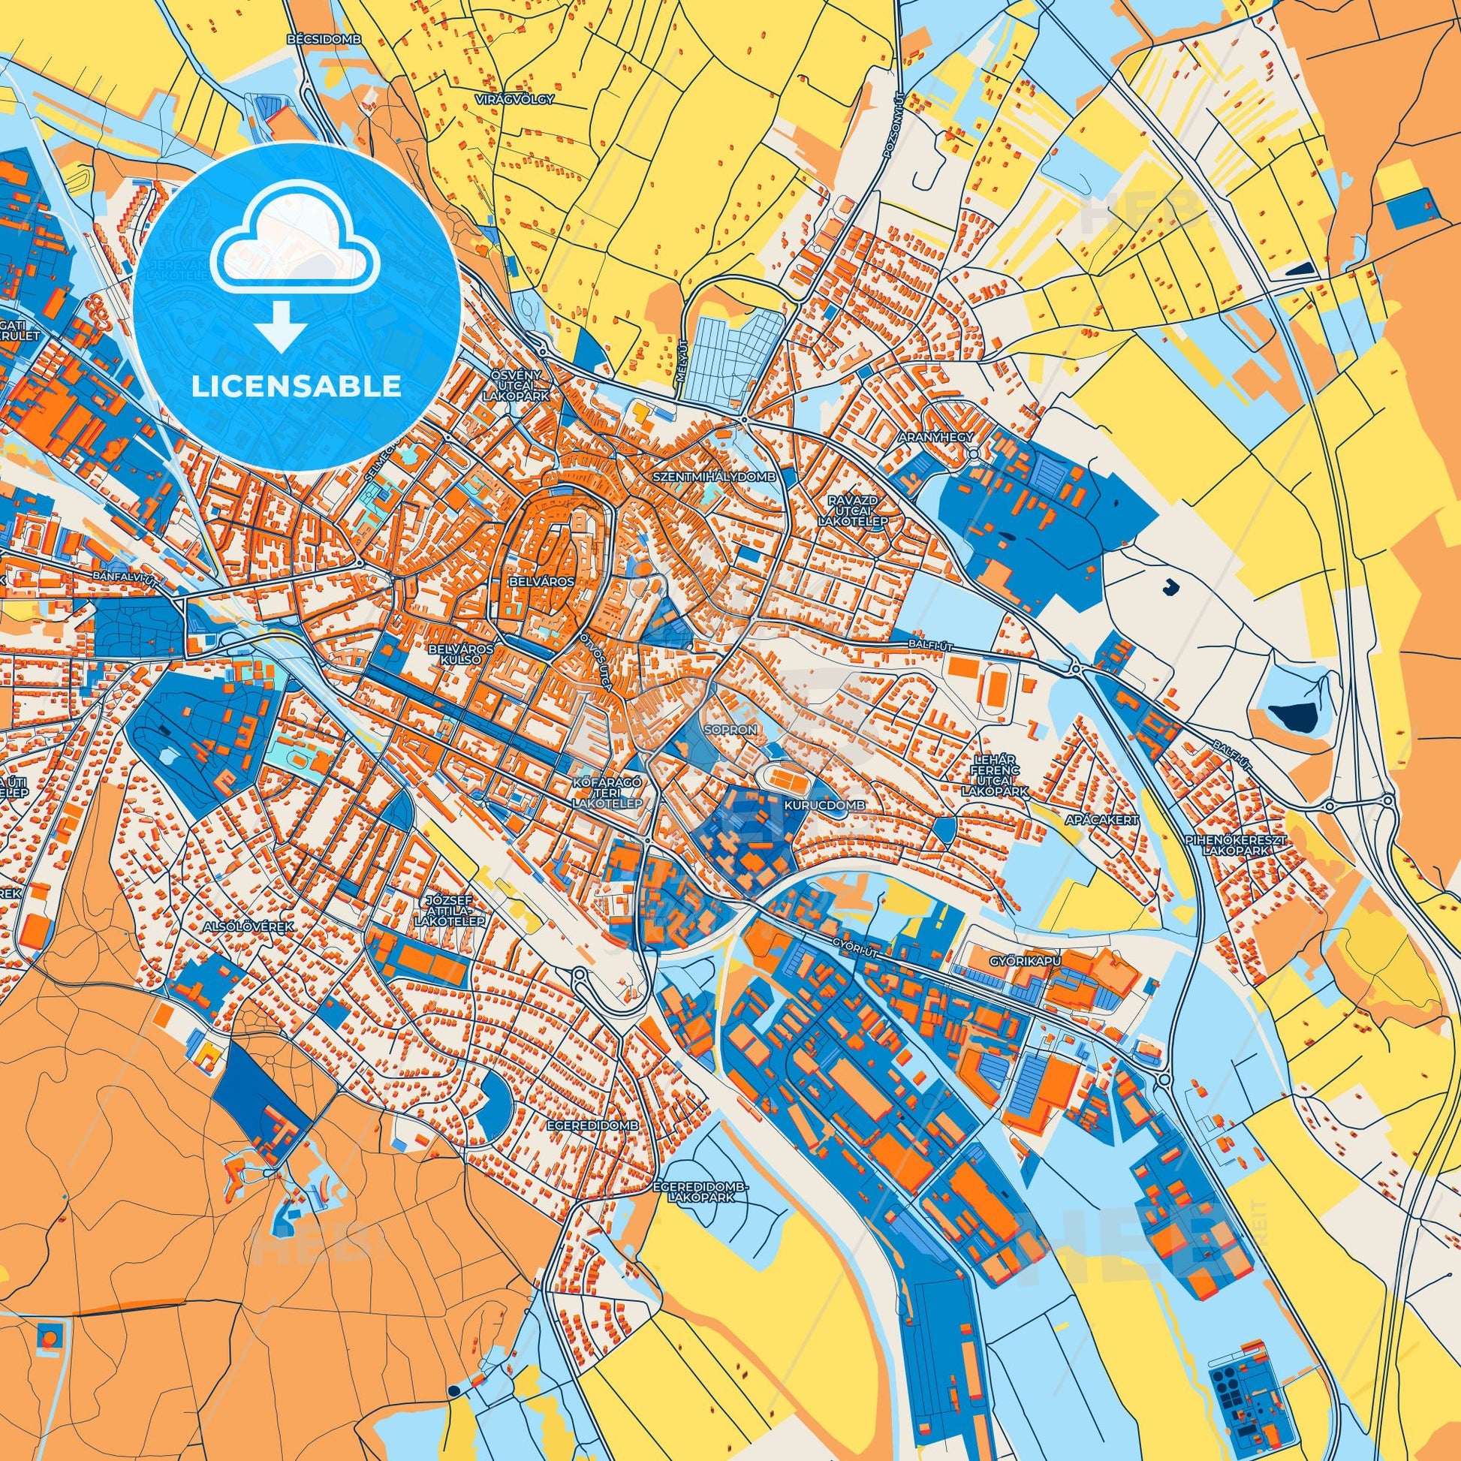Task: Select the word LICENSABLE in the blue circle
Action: coord(297,387)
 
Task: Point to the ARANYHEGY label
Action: coord(933,437)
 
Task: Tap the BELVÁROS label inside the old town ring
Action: coord(542,581)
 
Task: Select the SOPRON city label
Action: coord(730,730)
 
